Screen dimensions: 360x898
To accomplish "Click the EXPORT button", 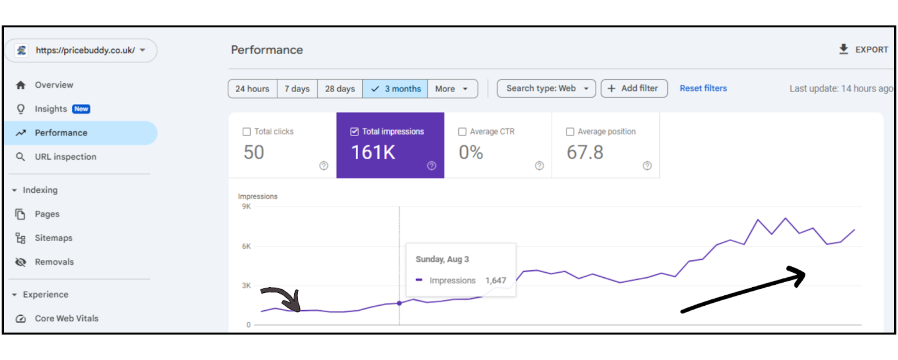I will [864, 50].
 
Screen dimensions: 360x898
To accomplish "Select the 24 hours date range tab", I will [252, 89].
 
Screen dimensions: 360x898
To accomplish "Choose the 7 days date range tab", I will [297, 89].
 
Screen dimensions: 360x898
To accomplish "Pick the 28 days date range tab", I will [340, 89].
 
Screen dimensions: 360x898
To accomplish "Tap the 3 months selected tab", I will [395, 89].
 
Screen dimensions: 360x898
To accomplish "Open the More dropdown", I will [452, 89].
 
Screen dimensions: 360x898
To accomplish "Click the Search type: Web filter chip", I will [546, 88].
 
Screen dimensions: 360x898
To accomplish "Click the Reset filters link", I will [703, 88].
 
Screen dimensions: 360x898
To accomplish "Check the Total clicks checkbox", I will [247, 132].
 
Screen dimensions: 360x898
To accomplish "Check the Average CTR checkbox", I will [462, 132].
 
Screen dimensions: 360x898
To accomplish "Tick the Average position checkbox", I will [570, 132].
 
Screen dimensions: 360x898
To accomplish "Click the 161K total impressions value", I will [373, 153].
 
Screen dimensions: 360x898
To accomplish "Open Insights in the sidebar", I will [51, 109].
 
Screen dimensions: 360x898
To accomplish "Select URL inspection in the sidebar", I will [65, 157].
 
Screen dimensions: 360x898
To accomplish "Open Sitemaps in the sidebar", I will [53, 238].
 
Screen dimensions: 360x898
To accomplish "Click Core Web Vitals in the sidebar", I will [66, 318].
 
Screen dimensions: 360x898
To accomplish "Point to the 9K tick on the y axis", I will [246, 206].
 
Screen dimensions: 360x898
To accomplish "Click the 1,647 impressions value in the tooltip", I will [496, 281].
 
